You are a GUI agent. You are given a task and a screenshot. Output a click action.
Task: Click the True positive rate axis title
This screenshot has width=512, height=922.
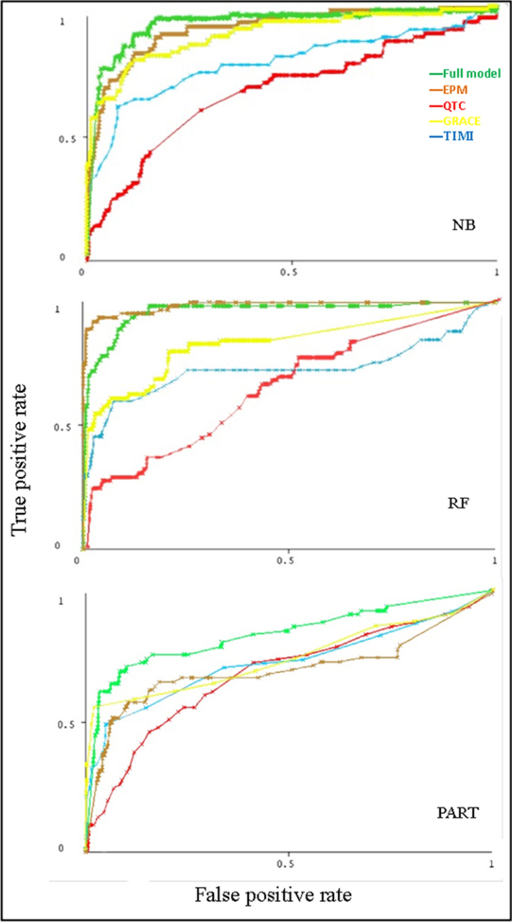point(23,456)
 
